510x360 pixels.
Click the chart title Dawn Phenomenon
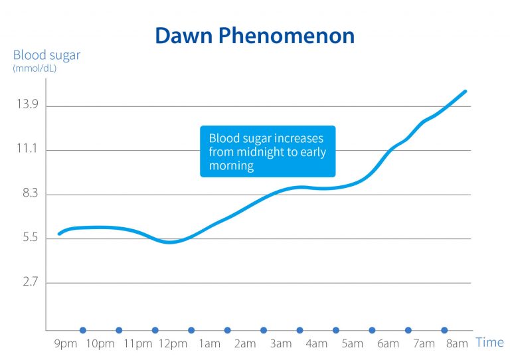point(255,35)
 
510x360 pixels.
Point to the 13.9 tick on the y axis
point(25,106)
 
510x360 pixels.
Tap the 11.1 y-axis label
point(25,150)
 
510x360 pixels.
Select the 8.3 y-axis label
point(25,194)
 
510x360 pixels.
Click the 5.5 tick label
point(25,238)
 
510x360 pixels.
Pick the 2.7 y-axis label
point(25,282)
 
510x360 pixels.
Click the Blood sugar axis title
point(46,55)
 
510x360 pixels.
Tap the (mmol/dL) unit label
point(35,68)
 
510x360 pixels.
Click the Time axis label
point(489,342)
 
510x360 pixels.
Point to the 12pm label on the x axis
point(173,343)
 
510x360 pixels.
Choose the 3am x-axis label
point(281,343)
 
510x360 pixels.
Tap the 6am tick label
point(388,343)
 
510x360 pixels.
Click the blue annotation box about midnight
point(268,151)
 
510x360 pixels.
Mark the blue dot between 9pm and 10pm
point(83,330)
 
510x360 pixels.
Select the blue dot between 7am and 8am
point(444,330)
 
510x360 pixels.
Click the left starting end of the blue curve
point(59,234)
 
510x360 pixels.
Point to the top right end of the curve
point(466,91)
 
